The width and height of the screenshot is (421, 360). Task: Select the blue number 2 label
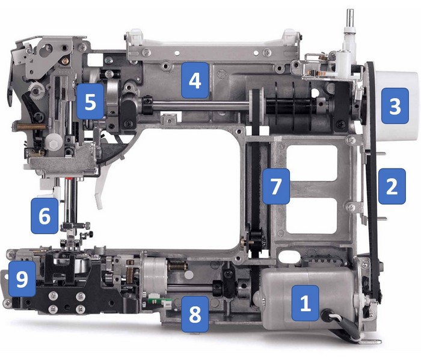[391, 187]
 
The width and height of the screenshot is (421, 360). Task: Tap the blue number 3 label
[395, 107]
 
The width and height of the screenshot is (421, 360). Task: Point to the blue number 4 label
[194, 80]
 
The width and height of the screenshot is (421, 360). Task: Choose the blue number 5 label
[90, 101]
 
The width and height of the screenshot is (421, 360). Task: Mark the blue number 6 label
[45, 216]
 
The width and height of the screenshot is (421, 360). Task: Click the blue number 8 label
[195, 312]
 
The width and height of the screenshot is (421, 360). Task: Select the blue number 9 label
[22, 281]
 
